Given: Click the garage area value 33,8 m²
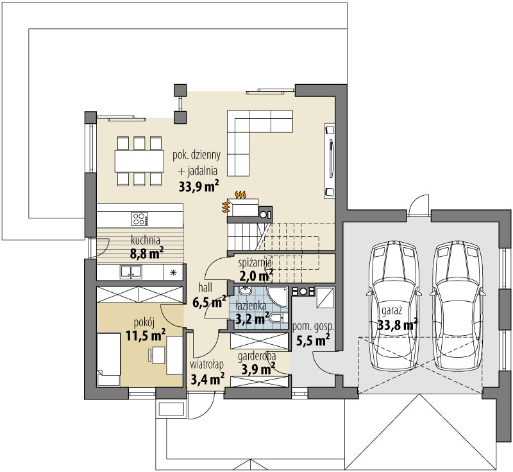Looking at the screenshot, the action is pyautogui.click(x=398, y=325).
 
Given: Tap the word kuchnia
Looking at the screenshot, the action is pyautogui.click(x=146, y=240).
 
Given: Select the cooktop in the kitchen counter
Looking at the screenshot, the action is pyautogui.click(x=139, y=219).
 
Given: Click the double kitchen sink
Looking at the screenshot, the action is pyautogui.click(x=131, y=272).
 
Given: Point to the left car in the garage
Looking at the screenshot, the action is pyautogui.click(x=394, y=306).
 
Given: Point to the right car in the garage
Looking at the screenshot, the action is pyautogui.click(x=457, y=306).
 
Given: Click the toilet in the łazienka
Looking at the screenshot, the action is pyautogui.click(x=278, y=318).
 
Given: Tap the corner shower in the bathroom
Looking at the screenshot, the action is pyautogui.click(x=277, y=297).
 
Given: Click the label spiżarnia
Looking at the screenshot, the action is pyautogui.click(x=255, y=263).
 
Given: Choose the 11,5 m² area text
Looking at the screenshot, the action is pyautogui.click(x=146, y=335).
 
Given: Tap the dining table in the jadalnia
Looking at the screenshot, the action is pyautogui.click(x=139, y=161).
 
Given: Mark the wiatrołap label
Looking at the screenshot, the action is pyautogui.click(x=206, y=364).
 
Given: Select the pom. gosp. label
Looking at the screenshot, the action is pyautogui.click(x=313, y=326).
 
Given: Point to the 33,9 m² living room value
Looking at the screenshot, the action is pyautogui.click(x=199, y=187).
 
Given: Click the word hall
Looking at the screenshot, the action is pyautogui.click(x=205, y=288).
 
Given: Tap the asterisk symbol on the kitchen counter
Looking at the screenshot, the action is pyautogui.click(x=173, y=272).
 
